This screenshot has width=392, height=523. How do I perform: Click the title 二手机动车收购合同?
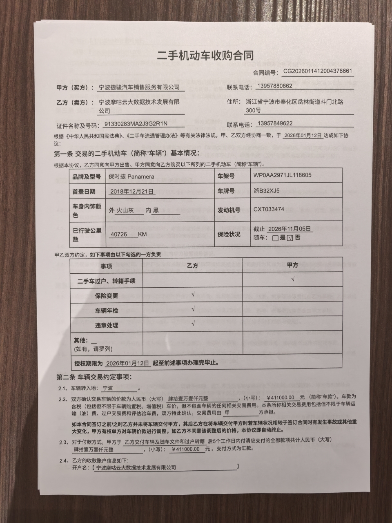[x=205, y=56]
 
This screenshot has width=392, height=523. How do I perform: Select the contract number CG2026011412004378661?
[x=318, y=71]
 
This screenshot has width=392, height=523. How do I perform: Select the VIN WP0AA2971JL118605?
[x=282, y=175]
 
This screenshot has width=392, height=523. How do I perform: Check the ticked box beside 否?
[x=290, y=238]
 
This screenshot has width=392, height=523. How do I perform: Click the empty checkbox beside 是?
[x=275, y=238]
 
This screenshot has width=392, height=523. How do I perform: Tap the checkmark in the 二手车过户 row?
[x=293, y=279]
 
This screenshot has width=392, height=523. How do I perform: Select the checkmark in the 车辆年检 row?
[x=193, y=308]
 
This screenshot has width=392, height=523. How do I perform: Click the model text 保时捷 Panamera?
[x=131, y=177]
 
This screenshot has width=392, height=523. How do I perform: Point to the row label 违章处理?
[x=107, y=325]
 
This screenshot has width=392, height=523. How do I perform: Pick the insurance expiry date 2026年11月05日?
[x=290, y=229]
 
